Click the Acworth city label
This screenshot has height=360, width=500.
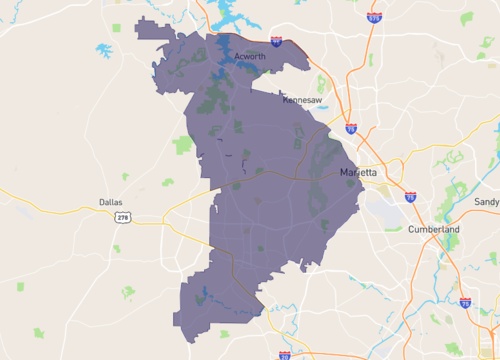(x=250, y=57)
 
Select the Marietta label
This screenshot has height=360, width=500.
(x=358, y=173)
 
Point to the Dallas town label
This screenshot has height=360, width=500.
(x=110, y=202)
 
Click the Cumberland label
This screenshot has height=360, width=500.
(x=434, y=229)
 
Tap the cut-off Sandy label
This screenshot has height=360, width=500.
(x=487, y=202)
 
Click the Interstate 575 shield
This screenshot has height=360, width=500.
(x=374, y=17)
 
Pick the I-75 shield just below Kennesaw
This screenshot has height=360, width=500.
(x=350, y=128)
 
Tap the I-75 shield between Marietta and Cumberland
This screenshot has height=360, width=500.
(x=410, y=197)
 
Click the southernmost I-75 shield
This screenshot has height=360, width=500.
(x=465, y=301)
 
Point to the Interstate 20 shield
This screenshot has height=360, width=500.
(x=285, y=354)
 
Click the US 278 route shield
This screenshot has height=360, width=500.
(x=122, y=218)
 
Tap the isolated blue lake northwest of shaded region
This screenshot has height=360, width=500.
(x=103, y=49)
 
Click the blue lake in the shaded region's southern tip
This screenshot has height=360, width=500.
(x=202, y=295)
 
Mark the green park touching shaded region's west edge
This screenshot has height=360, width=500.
(x=182, y=145)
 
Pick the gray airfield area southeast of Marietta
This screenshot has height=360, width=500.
(x=384, y=204)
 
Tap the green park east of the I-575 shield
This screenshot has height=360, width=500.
(x=467, y=18)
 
